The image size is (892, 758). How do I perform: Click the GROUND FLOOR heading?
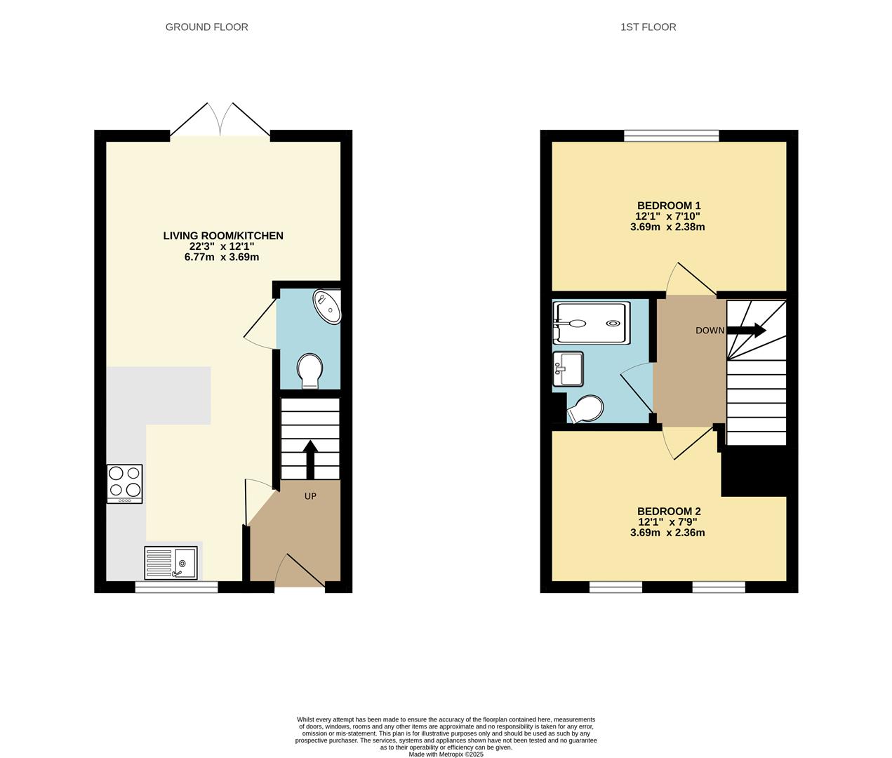(206, 27)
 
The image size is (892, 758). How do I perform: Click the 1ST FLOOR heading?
(648, 27)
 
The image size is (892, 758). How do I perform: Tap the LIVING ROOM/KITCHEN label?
(223, 236)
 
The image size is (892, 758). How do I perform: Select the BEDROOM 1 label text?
(668, 206)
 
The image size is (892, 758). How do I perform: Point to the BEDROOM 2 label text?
(668, 512)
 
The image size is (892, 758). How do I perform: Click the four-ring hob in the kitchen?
(124, 484)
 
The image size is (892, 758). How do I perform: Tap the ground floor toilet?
(309, 370)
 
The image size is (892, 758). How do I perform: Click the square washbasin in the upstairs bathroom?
(568, 368)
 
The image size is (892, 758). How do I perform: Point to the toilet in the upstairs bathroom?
(585, 410)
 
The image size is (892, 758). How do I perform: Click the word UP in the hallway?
(310, 496)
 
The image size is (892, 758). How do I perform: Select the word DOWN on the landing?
(710, 331)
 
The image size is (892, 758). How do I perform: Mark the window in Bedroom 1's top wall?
(672, 136)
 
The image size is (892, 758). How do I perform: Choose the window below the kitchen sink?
(176, 587)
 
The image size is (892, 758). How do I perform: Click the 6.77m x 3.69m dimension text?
(222, 257)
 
